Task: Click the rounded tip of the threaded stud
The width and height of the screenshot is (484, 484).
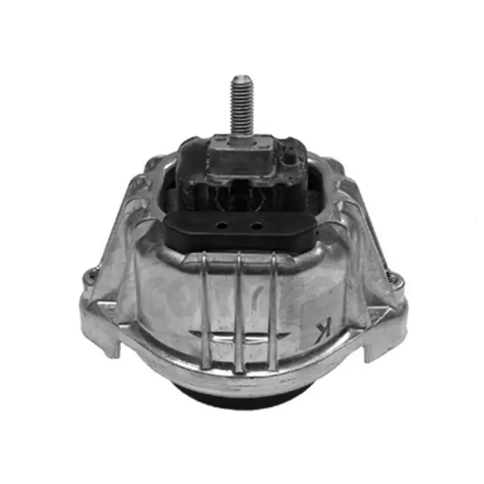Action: click(x=242, y=79)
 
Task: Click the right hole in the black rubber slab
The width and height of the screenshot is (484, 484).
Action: click(x=257, y=225)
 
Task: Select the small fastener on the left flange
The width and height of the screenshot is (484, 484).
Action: click(x=92, y=278)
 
